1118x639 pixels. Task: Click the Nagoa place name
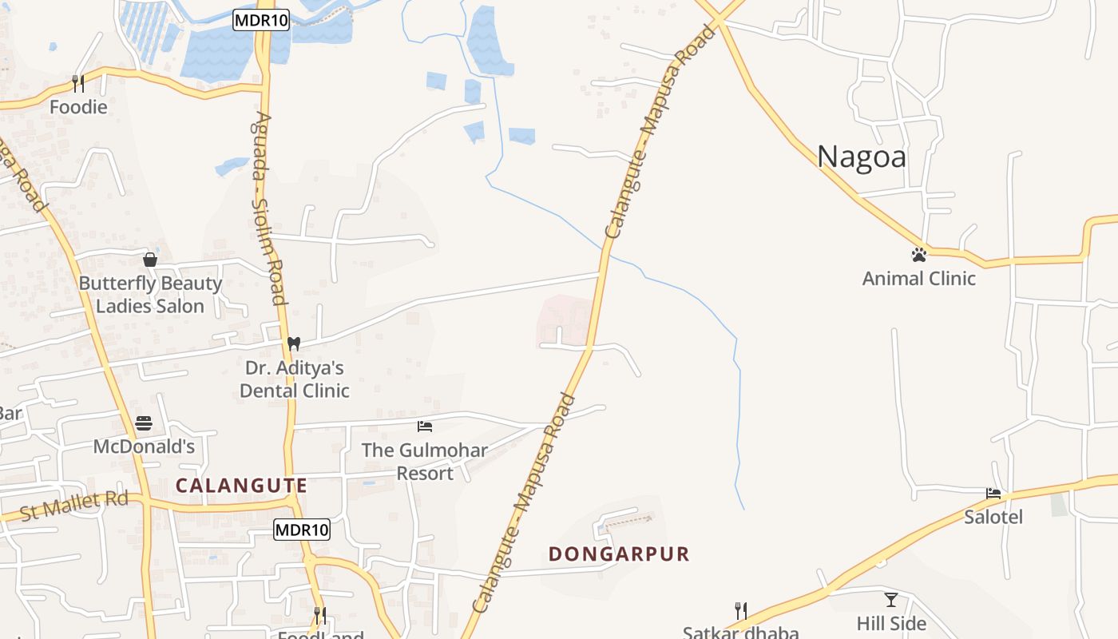861,157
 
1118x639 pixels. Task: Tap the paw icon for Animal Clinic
918,255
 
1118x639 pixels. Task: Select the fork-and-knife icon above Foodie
78,83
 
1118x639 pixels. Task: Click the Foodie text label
78,106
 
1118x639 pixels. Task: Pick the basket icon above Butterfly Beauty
149,260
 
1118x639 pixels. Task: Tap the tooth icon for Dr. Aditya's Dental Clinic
293,343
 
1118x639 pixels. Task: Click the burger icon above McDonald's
144,423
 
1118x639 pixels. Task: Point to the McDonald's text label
144,447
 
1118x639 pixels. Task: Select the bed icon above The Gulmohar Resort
425,427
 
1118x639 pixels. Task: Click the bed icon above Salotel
993,493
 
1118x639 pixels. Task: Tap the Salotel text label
993,517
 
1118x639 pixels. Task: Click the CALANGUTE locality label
241,486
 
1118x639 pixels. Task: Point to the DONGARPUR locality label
619,554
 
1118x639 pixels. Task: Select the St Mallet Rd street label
74,506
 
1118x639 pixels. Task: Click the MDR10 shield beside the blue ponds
261,21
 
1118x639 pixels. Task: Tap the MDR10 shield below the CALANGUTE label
302,529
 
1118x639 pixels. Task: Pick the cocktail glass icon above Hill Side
891,599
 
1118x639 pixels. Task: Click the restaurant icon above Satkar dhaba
741,611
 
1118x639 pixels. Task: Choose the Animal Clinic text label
918,279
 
